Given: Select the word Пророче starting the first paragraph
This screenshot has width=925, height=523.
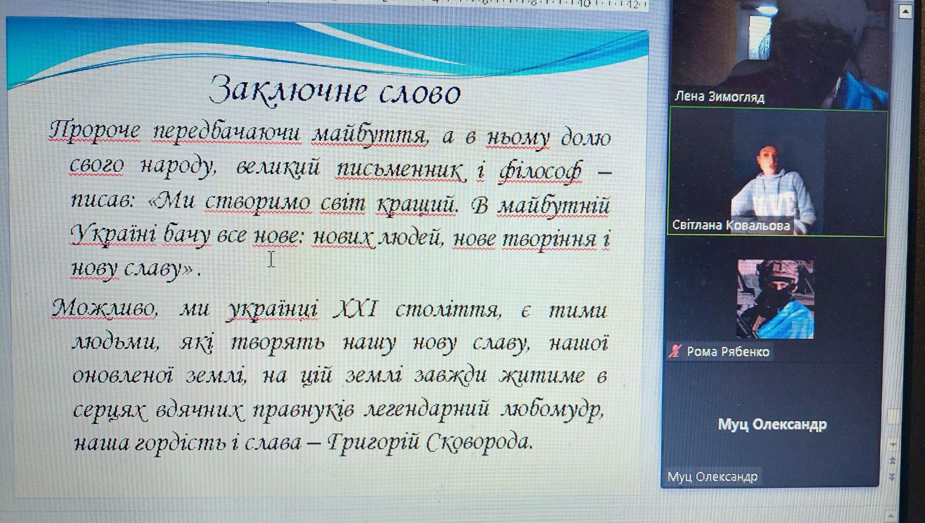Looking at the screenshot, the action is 95,132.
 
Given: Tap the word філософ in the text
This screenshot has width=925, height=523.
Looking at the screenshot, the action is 541,171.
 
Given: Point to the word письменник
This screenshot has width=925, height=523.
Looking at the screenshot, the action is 399,170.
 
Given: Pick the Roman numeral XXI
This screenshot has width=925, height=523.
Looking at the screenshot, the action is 356,308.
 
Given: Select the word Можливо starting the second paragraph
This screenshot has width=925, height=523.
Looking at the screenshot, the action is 104,308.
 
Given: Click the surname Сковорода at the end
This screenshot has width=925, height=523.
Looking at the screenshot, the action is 479,443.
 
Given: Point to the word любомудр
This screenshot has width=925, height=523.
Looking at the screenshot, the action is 553,410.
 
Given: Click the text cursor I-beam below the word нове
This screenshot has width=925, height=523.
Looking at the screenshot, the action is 271,259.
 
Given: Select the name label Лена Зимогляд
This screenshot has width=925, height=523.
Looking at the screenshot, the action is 719,97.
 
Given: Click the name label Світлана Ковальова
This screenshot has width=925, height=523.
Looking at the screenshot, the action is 731,225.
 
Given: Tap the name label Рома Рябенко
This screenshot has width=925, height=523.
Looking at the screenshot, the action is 728,352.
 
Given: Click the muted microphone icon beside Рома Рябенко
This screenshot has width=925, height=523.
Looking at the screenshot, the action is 675,351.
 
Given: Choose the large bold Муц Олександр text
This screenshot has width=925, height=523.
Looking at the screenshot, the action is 772,424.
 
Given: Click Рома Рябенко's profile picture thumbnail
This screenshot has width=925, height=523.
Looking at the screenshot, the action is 775,299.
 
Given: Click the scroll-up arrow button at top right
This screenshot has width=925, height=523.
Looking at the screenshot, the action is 905,12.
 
